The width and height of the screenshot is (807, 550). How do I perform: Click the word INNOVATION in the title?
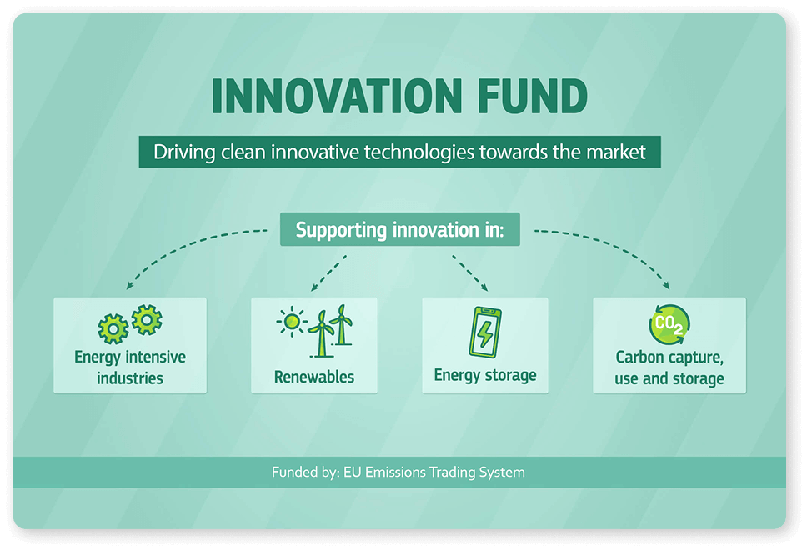pyautogui.click(x=337, y=96)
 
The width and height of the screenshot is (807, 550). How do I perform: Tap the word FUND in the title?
pyautogui.click(x=533, y=96)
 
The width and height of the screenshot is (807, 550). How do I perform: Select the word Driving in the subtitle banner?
pyautogui.click(x=184, y=152)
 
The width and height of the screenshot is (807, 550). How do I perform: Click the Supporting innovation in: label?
pyautogui.click(x=400, y=230)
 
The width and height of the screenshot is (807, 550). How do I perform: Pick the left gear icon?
pyautogui.click(x=113, y=329)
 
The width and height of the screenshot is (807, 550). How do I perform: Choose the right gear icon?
pyautogui.click(x=147, y=319)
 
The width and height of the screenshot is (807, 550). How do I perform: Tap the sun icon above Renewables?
pyautogui.click(x=292, y=322)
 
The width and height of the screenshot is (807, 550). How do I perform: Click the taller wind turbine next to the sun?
pyautogui.click(x=322, y=334)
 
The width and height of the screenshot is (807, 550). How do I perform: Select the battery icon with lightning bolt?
pyautogui.click(x=485, y=332)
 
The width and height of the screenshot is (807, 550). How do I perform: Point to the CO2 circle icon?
pyautogui.click(x=669, y=324)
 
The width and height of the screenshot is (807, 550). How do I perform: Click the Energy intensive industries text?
pyautogui.click(x=130, y=367)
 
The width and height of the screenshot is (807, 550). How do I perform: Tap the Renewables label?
pyautogui.click(x=314, y=377)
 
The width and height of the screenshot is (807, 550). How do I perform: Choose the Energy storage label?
pyautogui.click(x=485, y=376)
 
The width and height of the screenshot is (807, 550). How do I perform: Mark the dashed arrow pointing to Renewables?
pyautogui.click(x=328, y=273)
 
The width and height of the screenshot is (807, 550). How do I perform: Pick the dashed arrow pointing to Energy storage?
pyautogui.click(x=470, y=273)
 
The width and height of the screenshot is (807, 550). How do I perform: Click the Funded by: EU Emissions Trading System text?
pyautogui.click(x=398, y=472)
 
